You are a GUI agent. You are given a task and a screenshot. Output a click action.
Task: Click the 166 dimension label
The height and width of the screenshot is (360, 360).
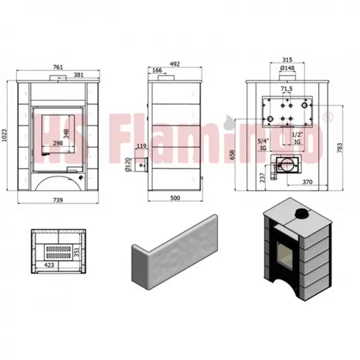[157, 71]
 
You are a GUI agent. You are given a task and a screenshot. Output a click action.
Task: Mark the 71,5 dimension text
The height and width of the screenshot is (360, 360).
[287, 89]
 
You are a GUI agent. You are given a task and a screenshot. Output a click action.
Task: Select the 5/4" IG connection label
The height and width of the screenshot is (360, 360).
[263, 143]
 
